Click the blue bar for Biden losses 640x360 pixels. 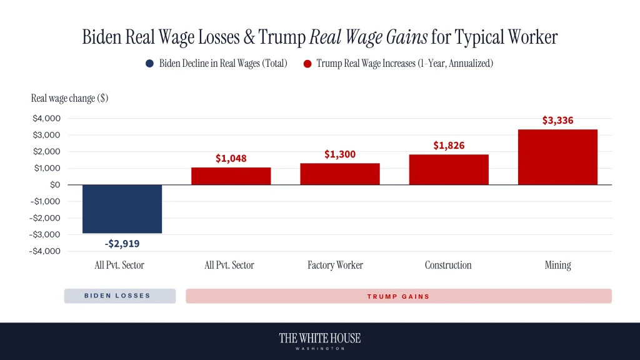122,209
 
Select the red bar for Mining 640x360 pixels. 557,157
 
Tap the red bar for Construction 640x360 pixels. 449,169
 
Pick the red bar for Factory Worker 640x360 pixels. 340,174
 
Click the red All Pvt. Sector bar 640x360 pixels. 231,176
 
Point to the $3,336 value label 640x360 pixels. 557,121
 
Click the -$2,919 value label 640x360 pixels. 122,243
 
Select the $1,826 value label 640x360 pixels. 449,146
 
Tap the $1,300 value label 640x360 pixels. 340,154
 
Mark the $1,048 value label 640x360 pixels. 231,159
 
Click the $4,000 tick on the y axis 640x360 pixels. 47,118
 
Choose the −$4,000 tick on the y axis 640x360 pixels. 46,251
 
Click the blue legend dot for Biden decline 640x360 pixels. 149,64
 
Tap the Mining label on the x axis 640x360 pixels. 557,265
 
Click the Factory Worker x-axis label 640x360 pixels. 335,265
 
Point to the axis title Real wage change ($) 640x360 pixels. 69,98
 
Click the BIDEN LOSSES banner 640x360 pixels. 119,296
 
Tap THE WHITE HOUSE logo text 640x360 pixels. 319,338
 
